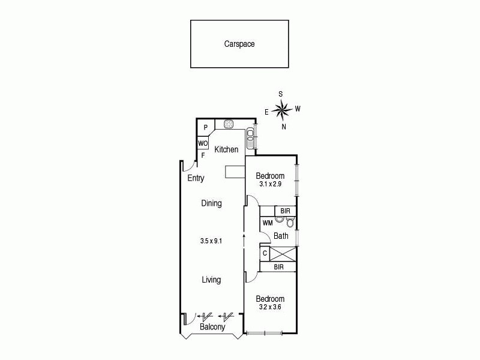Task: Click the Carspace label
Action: click(239, 44)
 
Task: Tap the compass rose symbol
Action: click(281, 110)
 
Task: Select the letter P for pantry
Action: click(205, 127)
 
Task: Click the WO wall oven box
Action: click(203, 144)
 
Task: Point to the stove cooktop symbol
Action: click(229, 125)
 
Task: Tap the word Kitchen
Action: click(226, 149)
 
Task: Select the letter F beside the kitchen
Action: click(203, 155)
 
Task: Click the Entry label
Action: click(196, 178)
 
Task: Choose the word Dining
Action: click(211, 203)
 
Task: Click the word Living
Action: click(211, 280)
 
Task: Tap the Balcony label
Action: click(212, 328)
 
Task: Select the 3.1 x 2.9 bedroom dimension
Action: click(270, 184)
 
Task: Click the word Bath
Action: click(281, 236)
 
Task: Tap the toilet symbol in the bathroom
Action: click(290, 223)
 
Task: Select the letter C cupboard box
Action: click(265, 254)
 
